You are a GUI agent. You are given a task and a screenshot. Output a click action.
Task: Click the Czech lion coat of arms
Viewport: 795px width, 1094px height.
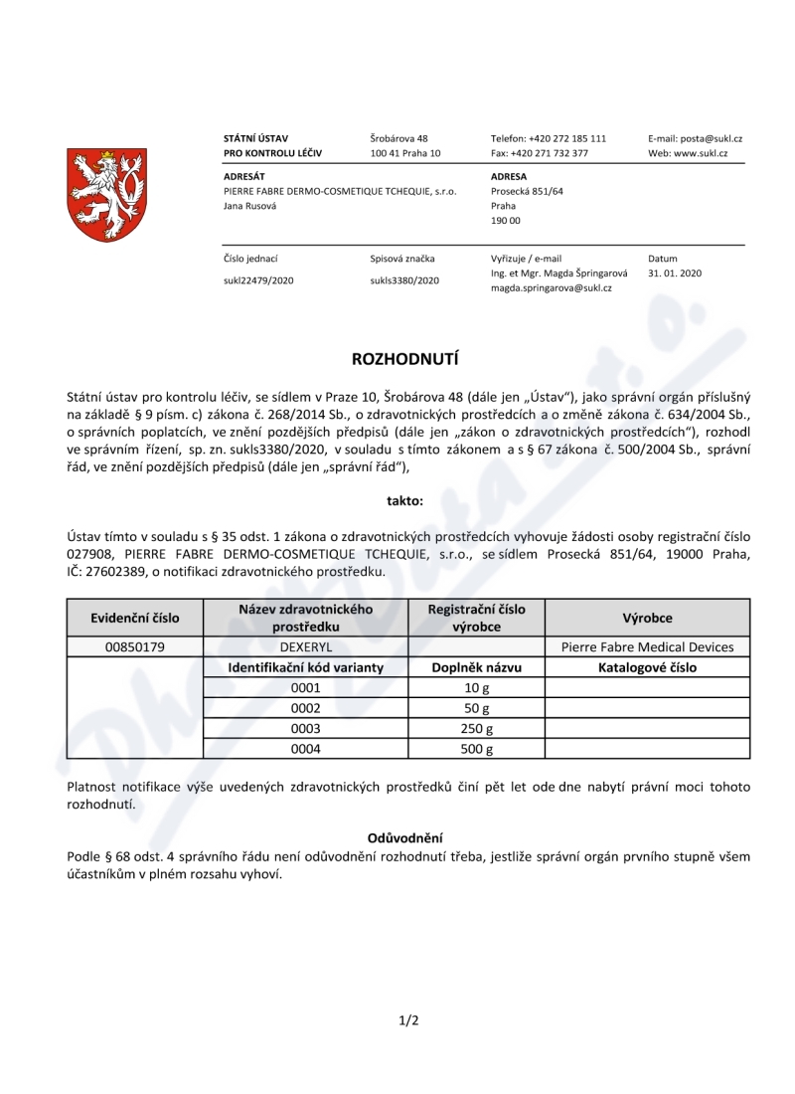[106, 195]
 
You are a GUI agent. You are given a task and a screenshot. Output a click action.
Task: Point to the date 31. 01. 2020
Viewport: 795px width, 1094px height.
[675, 273]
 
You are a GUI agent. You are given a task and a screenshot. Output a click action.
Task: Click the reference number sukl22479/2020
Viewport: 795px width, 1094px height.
[258, 280]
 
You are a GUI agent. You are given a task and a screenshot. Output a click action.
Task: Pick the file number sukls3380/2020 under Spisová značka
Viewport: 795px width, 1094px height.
[404, 280]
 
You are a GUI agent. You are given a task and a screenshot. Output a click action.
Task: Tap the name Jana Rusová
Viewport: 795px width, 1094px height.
[250, 206]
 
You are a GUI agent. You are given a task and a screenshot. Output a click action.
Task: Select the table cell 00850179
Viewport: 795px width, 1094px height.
[134, 647]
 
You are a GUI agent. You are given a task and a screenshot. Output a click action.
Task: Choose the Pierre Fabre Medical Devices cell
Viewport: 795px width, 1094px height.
[647, 647]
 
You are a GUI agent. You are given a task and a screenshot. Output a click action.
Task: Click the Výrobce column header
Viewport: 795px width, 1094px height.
[647, 618]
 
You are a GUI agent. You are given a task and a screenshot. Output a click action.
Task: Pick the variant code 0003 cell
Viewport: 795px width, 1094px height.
[305, 728]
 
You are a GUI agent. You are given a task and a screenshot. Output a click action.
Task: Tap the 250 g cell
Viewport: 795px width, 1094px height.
[473, 728]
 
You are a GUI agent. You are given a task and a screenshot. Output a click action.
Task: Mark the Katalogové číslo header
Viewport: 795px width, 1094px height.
[647, 667]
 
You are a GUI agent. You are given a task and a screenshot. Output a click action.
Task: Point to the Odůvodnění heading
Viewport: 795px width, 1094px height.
[404, 838]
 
